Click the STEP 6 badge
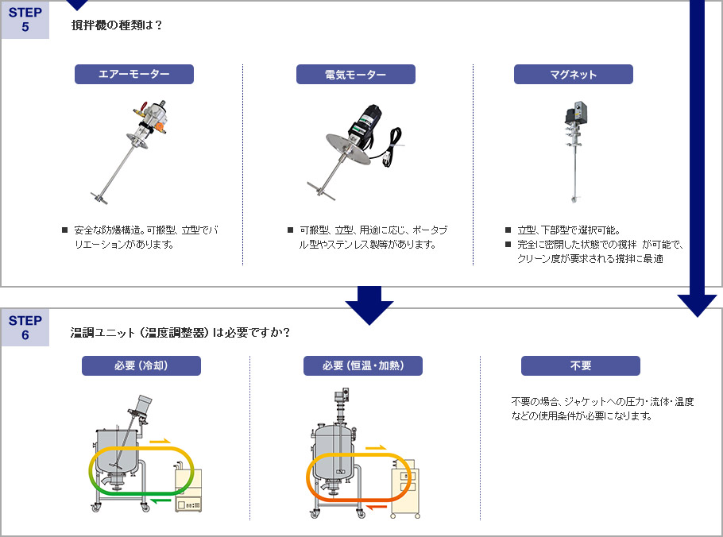click(x=25, y=327)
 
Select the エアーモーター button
click(x=134, y=75)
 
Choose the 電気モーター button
click(x=356, y=75)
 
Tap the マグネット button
click(x=573, y=75)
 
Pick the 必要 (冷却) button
click(x=141, y=365)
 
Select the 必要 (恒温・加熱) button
click(x=362, y=365)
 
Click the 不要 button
click(x=580, y=365)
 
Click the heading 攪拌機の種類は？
click(x=117, y=25)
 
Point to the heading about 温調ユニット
click(x=180, y=332)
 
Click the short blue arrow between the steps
click(x=369, y=305)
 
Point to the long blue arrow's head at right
click(x=697, y=306)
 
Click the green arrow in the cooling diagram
click(x=160, y=500)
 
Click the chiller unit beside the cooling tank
click(x=188, y=490)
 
